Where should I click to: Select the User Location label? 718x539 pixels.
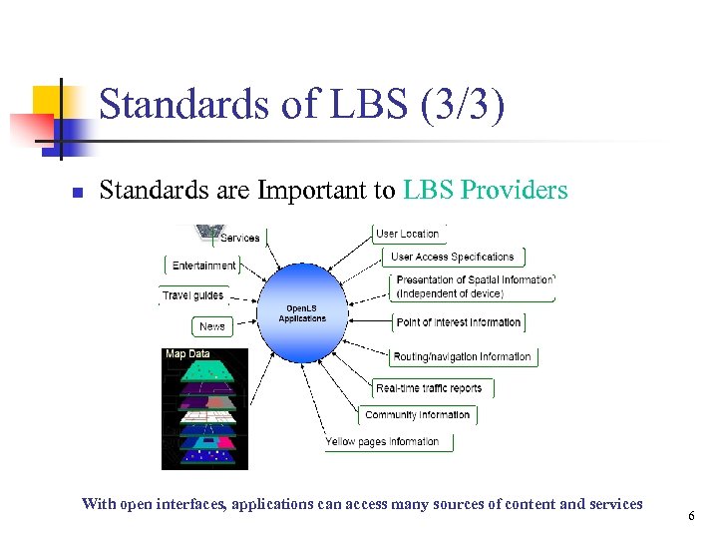[x=407, y=234]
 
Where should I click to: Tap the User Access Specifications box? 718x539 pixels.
[x=452, y=258]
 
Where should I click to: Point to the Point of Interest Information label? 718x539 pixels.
[x=459, y=322]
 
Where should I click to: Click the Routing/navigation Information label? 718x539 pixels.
[x=462, y=356]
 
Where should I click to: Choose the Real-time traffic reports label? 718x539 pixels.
[x=429, y=388]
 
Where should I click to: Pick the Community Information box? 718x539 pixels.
[x=417, y=415]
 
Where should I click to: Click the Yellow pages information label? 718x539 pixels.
[x=382, y=441]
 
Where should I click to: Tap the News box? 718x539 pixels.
[x=212, y=326]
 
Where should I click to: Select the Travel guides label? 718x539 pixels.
[x=193, y=295]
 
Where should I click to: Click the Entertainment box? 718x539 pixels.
[x=203, y=266]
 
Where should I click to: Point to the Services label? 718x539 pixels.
[x=239, y=238]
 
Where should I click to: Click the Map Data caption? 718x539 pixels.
[x=187, y=353]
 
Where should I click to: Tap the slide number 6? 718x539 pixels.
[x=690, y=516]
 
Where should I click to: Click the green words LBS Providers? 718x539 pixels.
[x=486, y=190]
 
